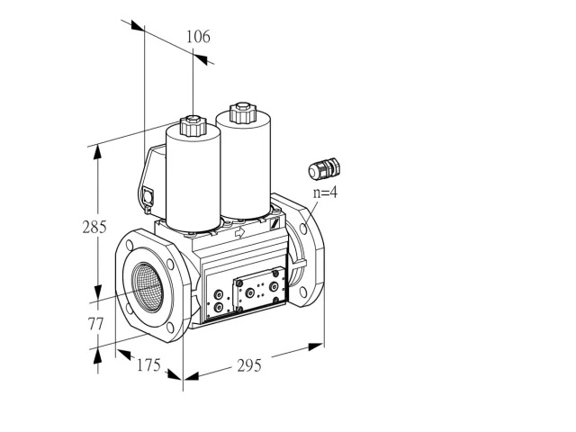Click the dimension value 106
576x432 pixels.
tap(198, 37)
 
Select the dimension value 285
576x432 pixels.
tap(94, 227)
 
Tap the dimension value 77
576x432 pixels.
tap(95, 324)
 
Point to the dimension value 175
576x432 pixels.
tap(148, 365)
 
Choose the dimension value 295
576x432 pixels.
tap(249, 365)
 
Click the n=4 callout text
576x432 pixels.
tap(325, 193)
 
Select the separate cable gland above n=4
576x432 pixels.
tap(324, 169)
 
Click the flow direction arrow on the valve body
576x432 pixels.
tap(240, 232)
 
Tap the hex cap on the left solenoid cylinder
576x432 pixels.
tap(193, 125)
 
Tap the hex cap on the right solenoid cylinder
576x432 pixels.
tap(242, 112)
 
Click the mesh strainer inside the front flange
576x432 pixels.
tap(148, 287)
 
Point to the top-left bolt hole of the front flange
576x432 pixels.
tap(130, 245)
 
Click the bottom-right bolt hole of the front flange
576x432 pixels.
tap(170, 328)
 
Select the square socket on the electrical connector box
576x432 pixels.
tap(148, 196)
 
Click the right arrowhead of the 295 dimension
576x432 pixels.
tap(316, 346)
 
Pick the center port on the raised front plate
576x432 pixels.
tap(250, 292)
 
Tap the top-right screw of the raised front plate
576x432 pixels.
tap(275, 273)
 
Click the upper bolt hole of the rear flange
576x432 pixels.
tap(303, 229)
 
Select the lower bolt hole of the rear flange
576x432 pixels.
tap(302, 292)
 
